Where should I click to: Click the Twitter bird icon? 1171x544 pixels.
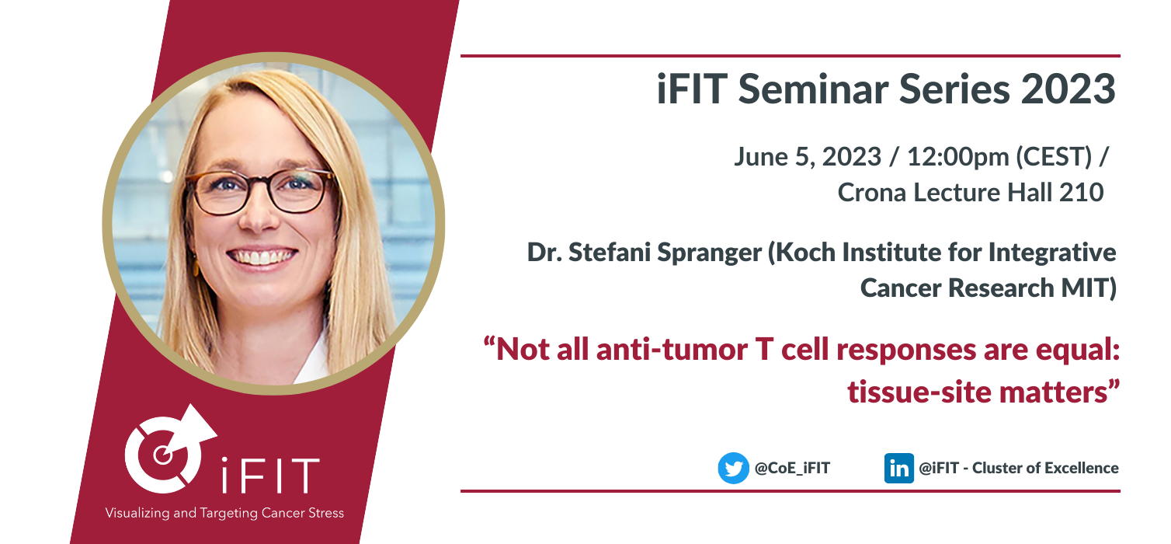coord(734,468)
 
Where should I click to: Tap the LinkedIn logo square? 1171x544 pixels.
coord(898,468)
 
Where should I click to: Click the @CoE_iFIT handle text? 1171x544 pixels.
coord(792,468)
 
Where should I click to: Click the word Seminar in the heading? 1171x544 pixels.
coord(813,89)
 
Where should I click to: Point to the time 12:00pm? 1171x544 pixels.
coord(957,157)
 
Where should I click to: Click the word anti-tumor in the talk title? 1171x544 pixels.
coord(672,350)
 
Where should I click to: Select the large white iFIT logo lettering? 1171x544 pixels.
coord(269,475)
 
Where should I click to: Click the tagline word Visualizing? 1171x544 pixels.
coord(137,513)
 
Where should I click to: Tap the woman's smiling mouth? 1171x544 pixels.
coord(262,257)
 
